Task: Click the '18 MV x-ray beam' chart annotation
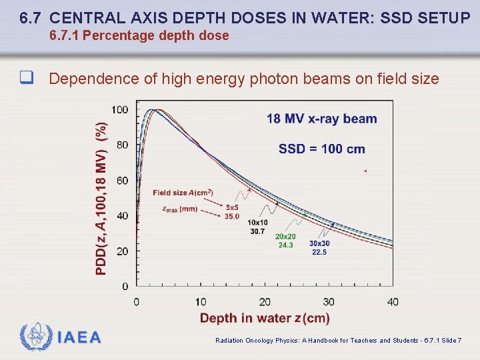pyautogui.click(x=321, y=119)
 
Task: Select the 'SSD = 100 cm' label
pyautogui.click(x=321, y=149)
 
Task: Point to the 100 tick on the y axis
pyautogui.click(x=120, y=110)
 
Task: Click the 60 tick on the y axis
pyautogui.click(x=123, y=181)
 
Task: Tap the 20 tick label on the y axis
pyautogui.click(x=123, y=251)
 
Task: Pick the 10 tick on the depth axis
pyautogui.click(x=201, y=302)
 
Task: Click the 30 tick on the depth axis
pyautogui.click(x=329, y=302)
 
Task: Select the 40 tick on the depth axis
pyautogui.click(x=393, y=302)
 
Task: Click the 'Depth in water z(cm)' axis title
pyautogui.click(x=265, y=318)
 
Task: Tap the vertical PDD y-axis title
pyautogui.click(x=101, y=198)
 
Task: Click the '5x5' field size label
pyautogui.click(x=232, y=207)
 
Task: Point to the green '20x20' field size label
pyautogui.click(x=285, y=237)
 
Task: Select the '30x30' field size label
pyautogui.click(x=319, y=243)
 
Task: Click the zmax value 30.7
pyautogui.click(x=257, y=231)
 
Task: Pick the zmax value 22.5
pyautogui.click(x=319, y=252)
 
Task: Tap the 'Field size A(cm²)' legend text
pyautogui.click(x=183, y=193)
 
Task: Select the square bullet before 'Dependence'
pyautogui.click(x=27, y=79)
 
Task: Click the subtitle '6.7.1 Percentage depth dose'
pyautogui.click(x=139, y=36)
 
